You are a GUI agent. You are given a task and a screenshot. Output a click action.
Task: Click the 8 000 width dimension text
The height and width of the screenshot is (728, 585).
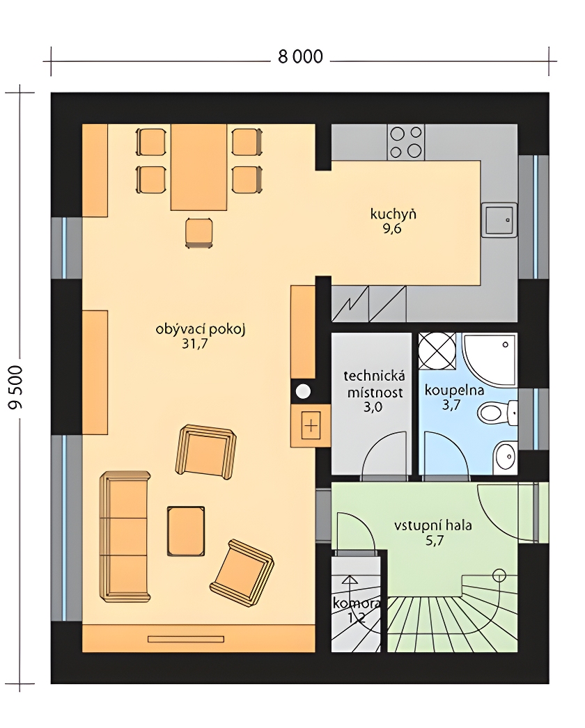[300, 56]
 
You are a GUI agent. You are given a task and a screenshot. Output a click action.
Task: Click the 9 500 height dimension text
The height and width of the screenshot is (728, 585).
[15, 387]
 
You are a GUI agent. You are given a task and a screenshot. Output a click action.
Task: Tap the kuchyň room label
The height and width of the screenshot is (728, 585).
[393, 214]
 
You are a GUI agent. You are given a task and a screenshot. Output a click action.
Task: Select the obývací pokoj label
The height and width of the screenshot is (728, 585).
[201, 329]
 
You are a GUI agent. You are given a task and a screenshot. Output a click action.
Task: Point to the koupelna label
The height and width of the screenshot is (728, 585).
[454, 390]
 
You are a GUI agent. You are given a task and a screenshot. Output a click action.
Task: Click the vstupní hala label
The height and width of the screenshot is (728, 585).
[433, 525]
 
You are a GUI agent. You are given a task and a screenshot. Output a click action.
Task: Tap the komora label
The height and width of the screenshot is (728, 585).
[355, 603]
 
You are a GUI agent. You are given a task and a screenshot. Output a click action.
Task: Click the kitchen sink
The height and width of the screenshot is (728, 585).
[499, 220]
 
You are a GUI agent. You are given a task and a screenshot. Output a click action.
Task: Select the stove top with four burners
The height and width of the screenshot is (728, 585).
[406, 141]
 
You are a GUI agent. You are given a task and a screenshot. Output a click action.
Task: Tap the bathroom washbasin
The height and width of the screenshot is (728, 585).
[506, 457]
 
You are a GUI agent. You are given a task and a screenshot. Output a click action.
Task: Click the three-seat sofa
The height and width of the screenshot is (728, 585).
[125, 537]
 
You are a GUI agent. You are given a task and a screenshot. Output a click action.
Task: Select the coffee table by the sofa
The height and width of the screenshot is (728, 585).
[186, 530]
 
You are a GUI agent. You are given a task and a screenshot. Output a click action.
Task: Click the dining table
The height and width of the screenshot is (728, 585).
[199, 167]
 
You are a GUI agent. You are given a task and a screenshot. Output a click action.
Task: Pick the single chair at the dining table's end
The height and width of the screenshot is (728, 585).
[199, 232]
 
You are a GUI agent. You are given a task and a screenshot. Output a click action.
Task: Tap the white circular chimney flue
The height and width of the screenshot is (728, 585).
[304, 391]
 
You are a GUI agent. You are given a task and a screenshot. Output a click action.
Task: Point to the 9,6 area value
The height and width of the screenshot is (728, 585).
[392, 228]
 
